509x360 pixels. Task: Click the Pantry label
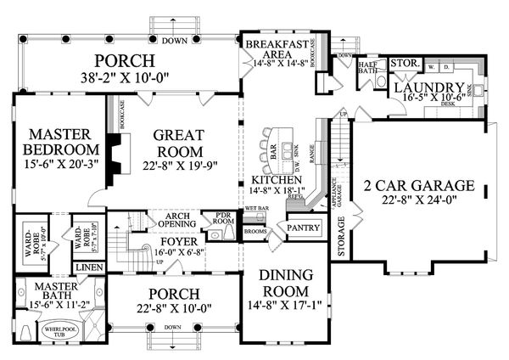tap(303, 229)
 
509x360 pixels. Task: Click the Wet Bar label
tap(255, 206)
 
